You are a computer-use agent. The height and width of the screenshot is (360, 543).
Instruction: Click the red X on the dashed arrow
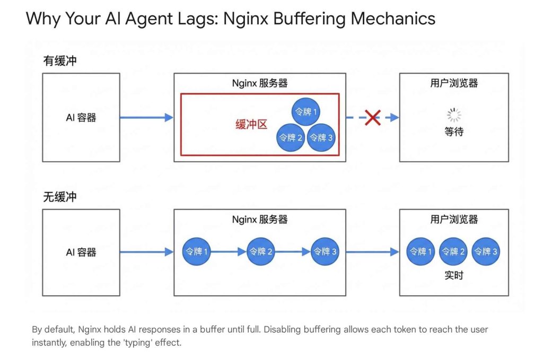pos(373,118)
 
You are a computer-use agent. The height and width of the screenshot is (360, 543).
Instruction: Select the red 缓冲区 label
pos(251,125)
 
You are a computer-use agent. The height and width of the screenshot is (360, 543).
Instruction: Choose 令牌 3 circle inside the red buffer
pos(322,137)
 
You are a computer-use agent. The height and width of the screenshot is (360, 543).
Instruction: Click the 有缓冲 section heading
pos(59,61)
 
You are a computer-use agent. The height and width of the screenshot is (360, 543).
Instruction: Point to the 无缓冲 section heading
pos(59,197)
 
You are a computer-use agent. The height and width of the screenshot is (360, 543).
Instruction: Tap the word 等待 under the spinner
pos(454,132)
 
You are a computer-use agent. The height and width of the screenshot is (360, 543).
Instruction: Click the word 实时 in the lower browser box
pos(454,276)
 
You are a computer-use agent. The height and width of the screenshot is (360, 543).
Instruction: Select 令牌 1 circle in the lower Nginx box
pos(196,252)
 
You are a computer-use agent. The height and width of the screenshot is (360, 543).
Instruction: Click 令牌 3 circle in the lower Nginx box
pos(326,252)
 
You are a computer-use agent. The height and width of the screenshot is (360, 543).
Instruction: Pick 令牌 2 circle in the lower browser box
pos(454,252)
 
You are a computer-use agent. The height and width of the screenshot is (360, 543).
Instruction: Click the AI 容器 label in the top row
pos(81,118)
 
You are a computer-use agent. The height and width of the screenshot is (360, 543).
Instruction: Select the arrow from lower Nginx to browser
pos(372,252)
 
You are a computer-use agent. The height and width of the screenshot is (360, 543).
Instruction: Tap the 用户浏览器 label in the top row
pos(454,83)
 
